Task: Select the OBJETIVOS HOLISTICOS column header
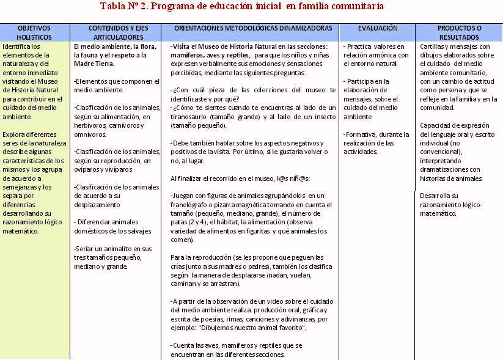[x=34, y=32]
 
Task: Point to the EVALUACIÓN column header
[x=377, y=28]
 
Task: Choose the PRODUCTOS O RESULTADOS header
[x=459, y=32]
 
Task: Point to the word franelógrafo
[x=190, y=205]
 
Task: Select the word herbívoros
[x=90, y=125]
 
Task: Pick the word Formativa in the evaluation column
[x=361, y=134]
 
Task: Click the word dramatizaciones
[x=442, y=170]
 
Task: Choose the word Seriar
[x=84, y=249]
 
